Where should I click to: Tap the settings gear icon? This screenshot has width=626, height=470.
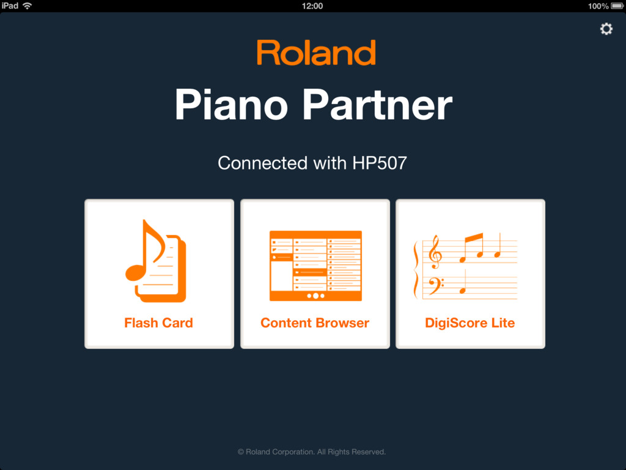[x=606, y=29]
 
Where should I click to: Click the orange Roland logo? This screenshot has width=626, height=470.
[x=316, y=53]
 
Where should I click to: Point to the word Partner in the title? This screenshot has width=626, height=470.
[x=377, y=105]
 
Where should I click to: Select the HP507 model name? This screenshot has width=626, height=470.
[x=380, y=163]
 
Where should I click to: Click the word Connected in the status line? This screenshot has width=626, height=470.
[x=263, y=163]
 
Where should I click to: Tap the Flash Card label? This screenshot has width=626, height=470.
[x=158, y=323]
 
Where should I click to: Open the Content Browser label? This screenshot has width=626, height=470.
[x=315, y=323]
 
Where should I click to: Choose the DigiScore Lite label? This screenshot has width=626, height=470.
[x=470, y=323]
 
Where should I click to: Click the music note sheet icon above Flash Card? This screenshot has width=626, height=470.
[x=156, y=261]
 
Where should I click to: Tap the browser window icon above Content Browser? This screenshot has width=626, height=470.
[x=316, y=266]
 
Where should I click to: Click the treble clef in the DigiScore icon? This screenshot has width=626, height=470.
[x=435, y=252]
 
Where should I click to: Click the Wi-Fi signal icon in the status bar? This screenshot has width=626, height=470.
[x=27, y=6]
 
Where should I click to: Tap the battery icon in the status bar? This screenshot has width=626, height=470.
[x=617, y=6]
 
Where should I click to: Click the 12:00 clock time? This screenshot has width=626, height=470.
[x=312, y=6]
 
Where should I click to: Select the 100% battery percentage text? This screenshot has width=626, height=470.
[x=598, y=6]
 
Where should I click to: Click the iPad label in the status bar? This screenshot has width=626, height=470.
[x=10, y=6]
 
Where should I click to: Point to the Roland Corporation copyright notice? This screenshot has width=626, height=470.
[x=312, y=452]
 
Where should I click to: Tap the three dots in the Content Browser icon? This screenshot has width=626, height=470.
[x=316, y=296]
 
